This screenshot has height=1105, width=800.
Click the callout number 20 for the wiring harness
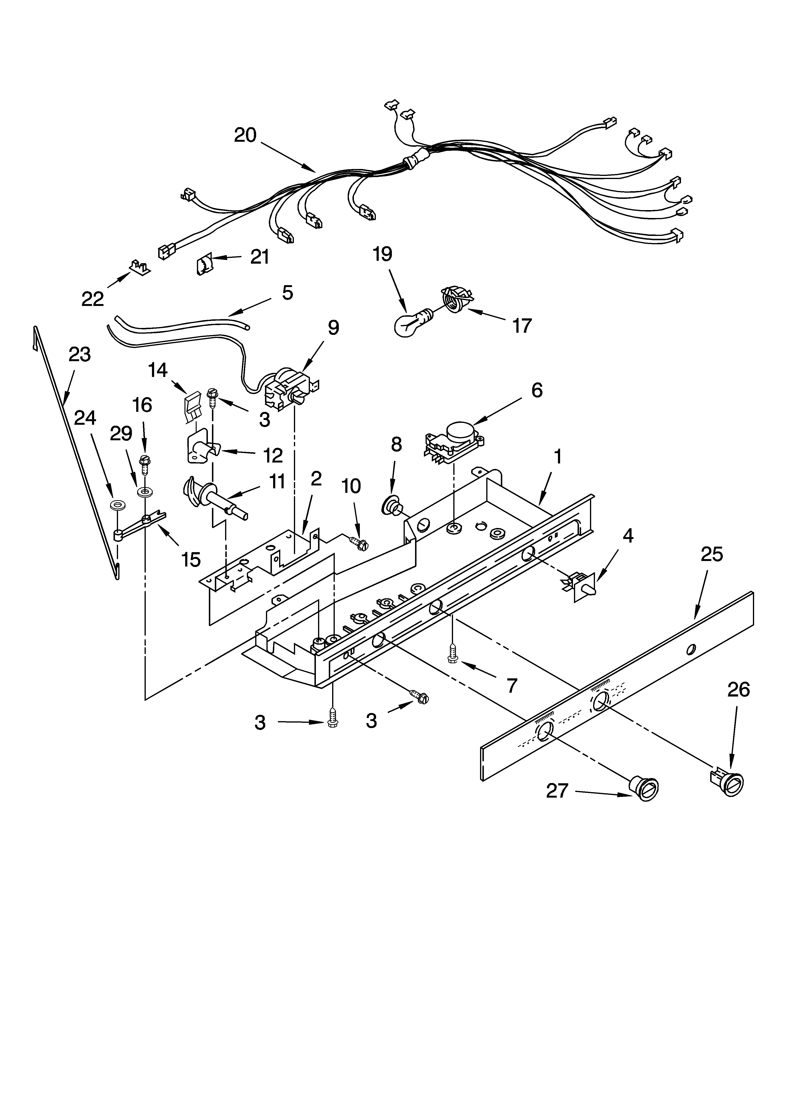[x=245, y=135]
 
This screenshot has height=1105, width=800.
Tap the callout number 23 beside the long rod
[x=79, y=355]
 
